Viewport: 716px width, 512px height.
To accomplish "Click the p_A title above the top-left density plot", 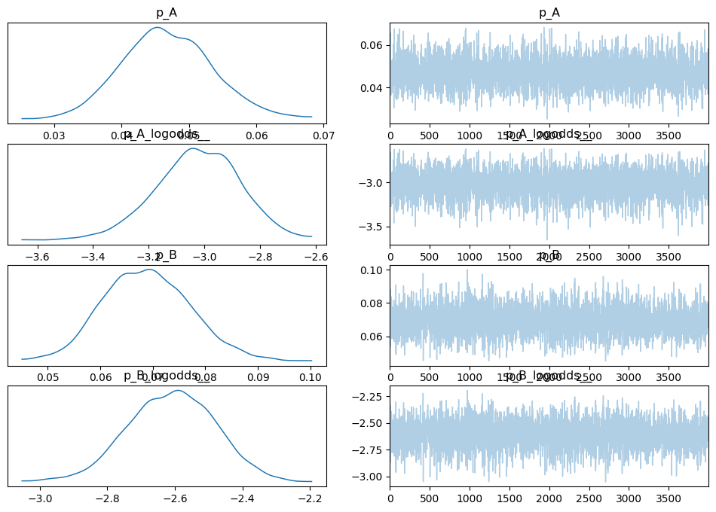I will pyautogui.click(x=167, y=13).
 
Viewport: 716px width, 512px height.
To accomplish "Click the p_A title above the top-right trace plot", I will pyautogui.click(x=549, y=13).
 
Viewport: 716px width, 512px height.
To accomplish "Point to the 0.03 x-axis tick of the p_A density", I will pyautogui.click(x=54, y=136).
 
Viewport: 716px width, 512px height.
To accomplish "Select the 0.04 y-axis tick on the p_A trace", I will pyautogui.click(x=374, y=88).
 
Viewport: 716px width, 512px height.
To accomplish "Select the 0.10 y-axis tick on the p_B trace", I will pyautogui.click(x=374, y=270).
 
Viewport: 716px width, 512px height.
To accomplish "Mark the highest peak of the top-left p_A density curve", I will pyautogui.click(x=157, y=28).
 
